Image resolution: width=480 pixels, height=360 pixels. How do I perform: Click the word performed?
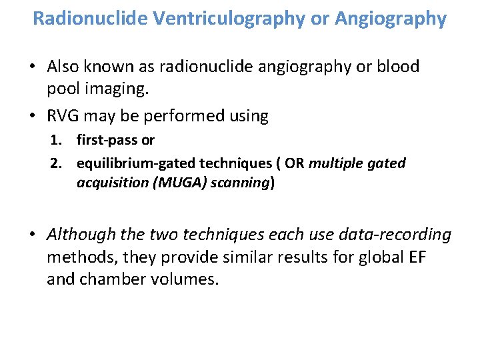click(171, 116)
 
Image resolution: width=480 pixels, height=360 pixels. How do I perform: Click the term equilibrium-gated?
click(129, 163)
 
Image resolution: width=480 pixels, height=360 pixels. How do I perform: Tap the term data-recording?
click(393, 235)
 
